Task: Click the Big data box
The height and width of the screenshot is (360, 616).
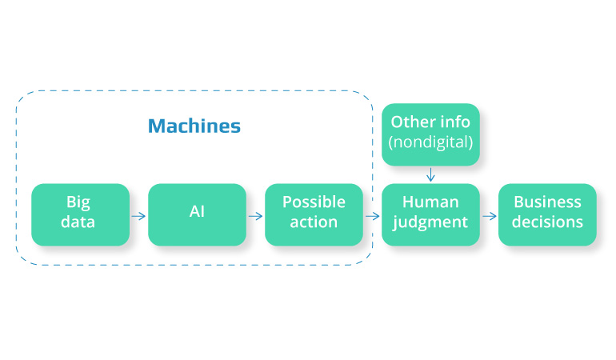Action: [x=80, y=214]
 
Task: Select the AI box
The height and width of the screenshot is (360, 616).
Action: [x=197, y=214]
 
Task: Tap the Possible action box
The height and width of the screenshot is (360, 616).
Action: [x=314, y=214]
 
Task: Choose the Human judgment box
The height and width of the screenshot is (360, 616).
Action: [x=430, y=214]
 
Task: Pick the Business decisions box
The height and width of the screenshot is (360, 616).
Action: [x=547, y=214]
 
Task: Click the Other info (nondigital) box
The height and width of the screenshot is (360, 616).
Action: [x=430, y=134]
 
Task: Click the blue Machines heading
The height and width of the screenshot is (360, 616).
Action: [x=194, y=126]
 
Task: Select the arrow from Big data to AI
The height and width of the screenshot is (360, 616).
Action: [x=138, y=215]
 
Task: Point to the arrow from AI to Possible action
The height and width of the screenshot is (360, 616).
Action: [x=255, y=215]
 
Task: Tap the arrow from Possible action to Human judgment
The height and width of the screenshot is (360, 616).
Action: [x=372, y=215]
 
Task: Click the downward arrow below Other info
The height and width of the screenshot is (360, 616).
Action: [x=430, y=174]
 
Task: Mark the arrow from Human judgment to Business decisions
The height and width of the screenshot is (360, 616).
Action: [x=489, y=215]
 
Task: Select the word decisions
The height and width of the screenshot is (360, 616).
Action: [x=547, y=222]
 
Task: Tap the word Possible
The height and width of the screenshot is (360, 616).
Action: [x=314, y=202]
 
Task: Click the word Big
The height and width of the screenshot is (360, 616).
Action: [x=79, y=202]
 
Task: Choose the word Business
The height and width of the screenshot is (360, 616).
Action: [x=547, y=202]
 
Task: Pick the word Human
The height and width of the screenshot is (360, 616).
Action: [x=430, y=202]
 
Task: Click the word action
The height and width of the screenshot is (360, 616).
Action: [x=314, y=222]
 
